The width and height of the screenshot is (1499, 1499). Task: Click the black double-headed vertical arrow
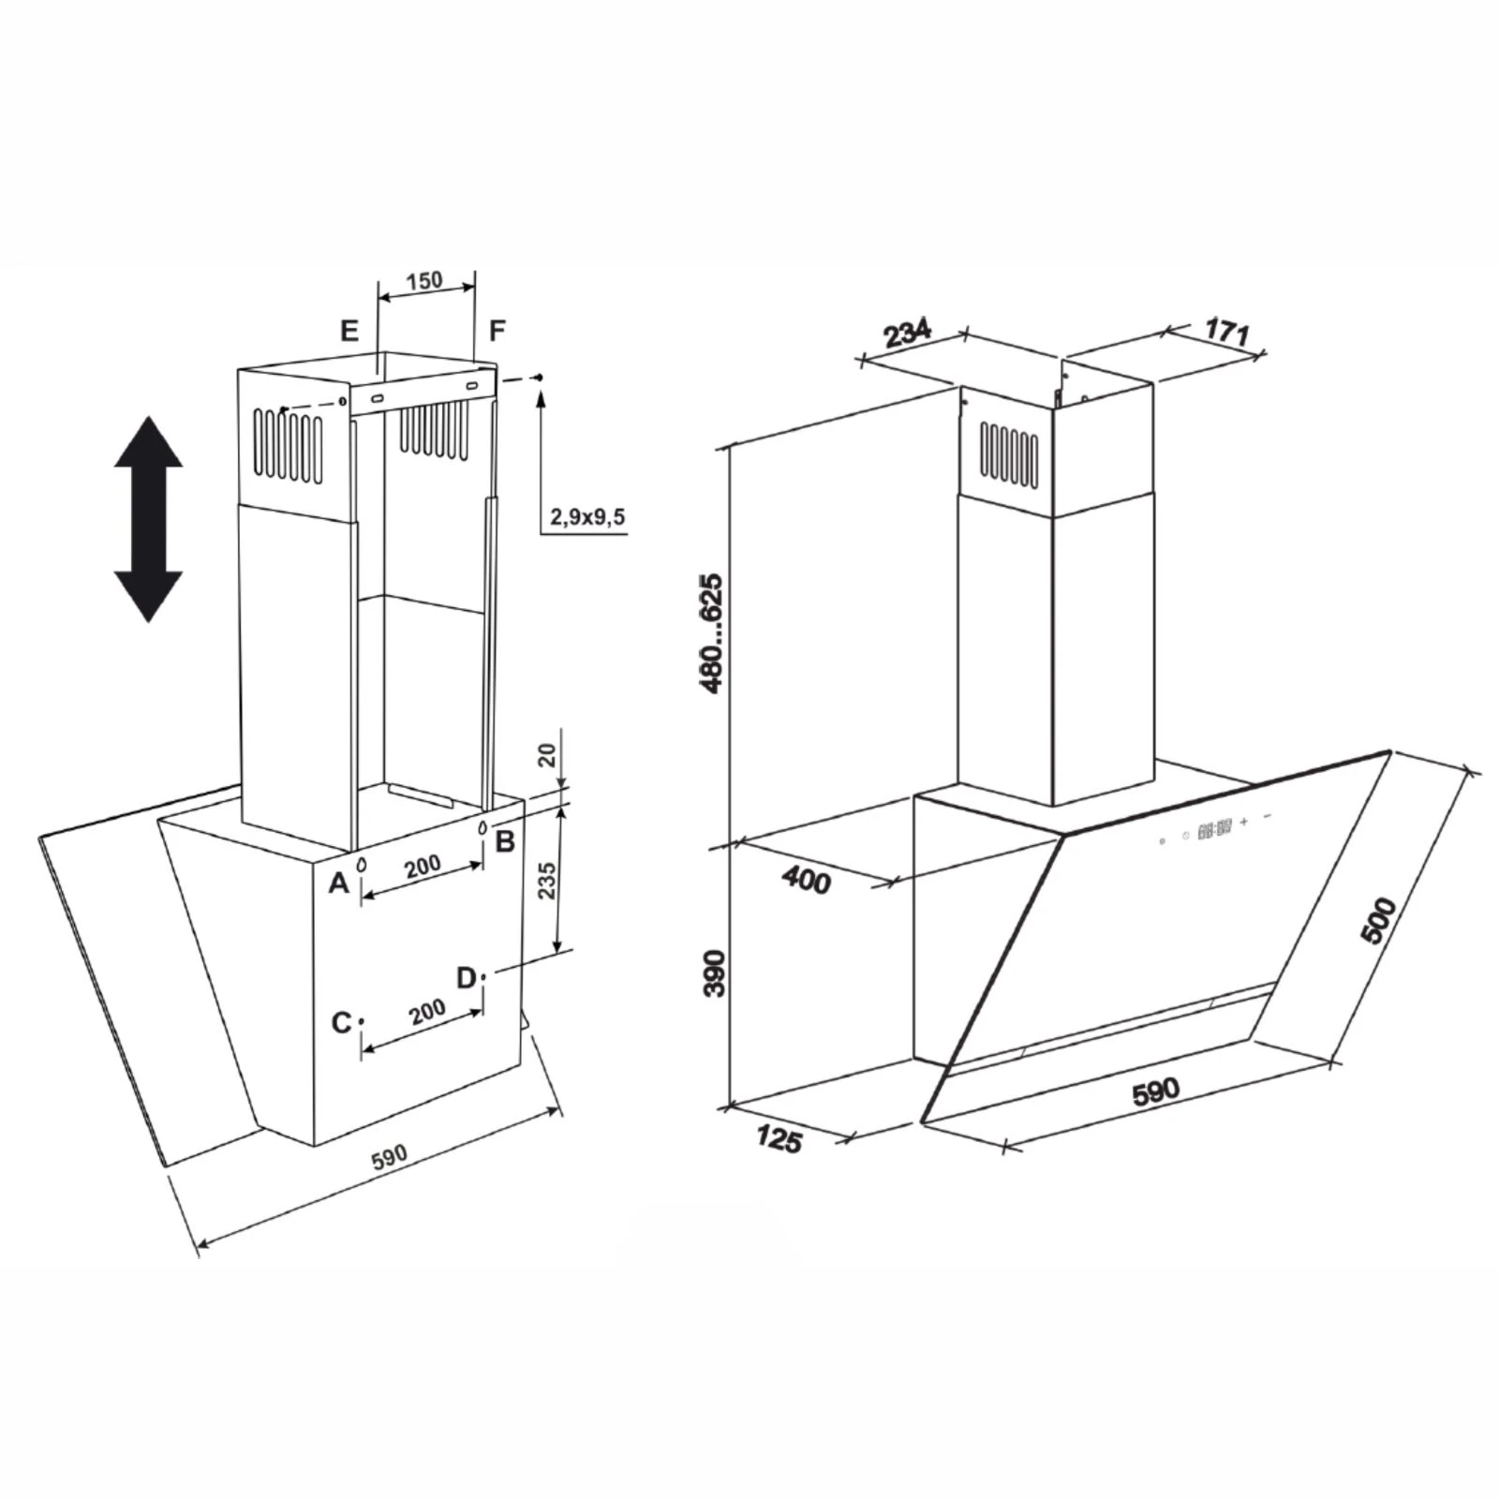pyautogui.click(x=148, y=519)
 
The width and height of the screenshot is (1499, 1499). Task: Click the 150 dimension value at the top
pyautogui.click(x=424, y=280)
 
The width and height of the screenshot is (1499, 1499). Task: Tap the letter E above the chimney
pyautogui.click(x=349, y=331)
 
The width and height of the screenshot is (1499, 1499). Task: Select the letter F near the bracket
pyautogui.click(x=497, y=330)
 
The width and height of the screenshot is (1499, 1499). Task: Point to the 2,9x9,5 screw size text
pyautogui.click(x=587, y=516)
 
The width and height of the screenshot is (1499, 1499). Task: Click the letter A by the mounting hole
pyautogui.click(x=338, y=882)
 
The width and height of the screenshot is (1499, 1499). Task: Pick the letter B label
pyautogui.click(x=505, y=841)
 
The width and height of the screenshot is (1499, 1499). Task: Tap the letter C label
pyautogui.click(x=342, y=1023)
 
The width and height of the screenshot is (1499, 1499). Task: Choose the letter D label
pyautogui.click(x=467, y=978)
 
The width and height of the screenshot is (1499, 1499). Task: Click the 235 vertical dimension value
pyautogui.click(x=548, y=881)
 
